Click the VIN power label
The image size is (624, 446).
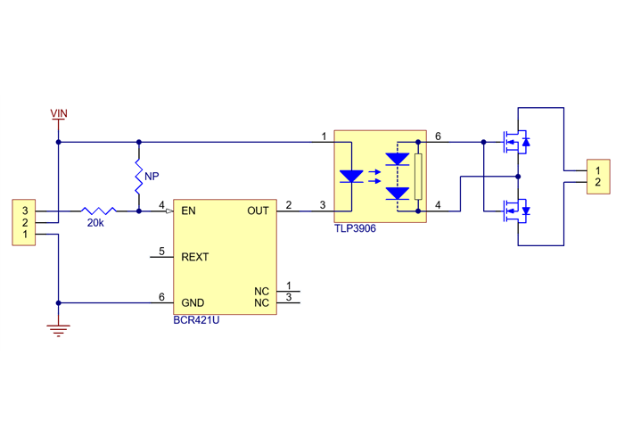[x=58, y=113]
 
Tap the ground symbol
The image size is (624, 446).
[x=58, y=331]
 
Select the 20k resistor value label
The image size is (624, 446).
[x=95, y=223]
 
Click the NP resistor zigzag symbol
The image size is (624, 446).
[x=139, y=178]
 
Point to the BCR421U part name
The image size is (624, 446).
[x=196, y=319]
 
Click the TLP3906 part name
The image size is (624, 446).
[x=356, y=228]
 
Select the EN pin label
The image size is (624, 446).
[x=188, y=211]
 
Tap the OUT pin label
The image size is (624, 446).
[x=258, y=211]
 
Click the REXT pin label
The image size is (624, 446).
[x=194, y=257]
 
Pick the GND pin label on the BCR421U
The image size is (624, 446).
[x=193, y=303]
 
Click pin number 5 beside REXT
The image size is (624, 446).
[x=161, y=252]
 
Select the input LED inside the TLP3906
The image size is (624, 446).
[x=352, y=176]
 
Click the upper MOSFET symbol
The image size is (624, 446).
[x=515, y=141]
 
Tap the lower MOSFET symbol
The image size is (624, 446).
[x=515, y=211]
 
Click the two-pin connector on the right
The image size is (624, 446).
[x=597, y=177]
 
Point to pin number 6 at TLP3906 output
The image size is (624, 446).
[x=437, y=136]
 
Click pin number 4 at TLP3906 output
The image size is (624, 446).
[x=437, y=206]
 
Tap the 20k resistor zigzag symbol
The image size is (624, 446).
[x=97, y=211]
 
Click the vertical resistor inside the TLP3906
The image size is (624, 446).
[x=417, y=176]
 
